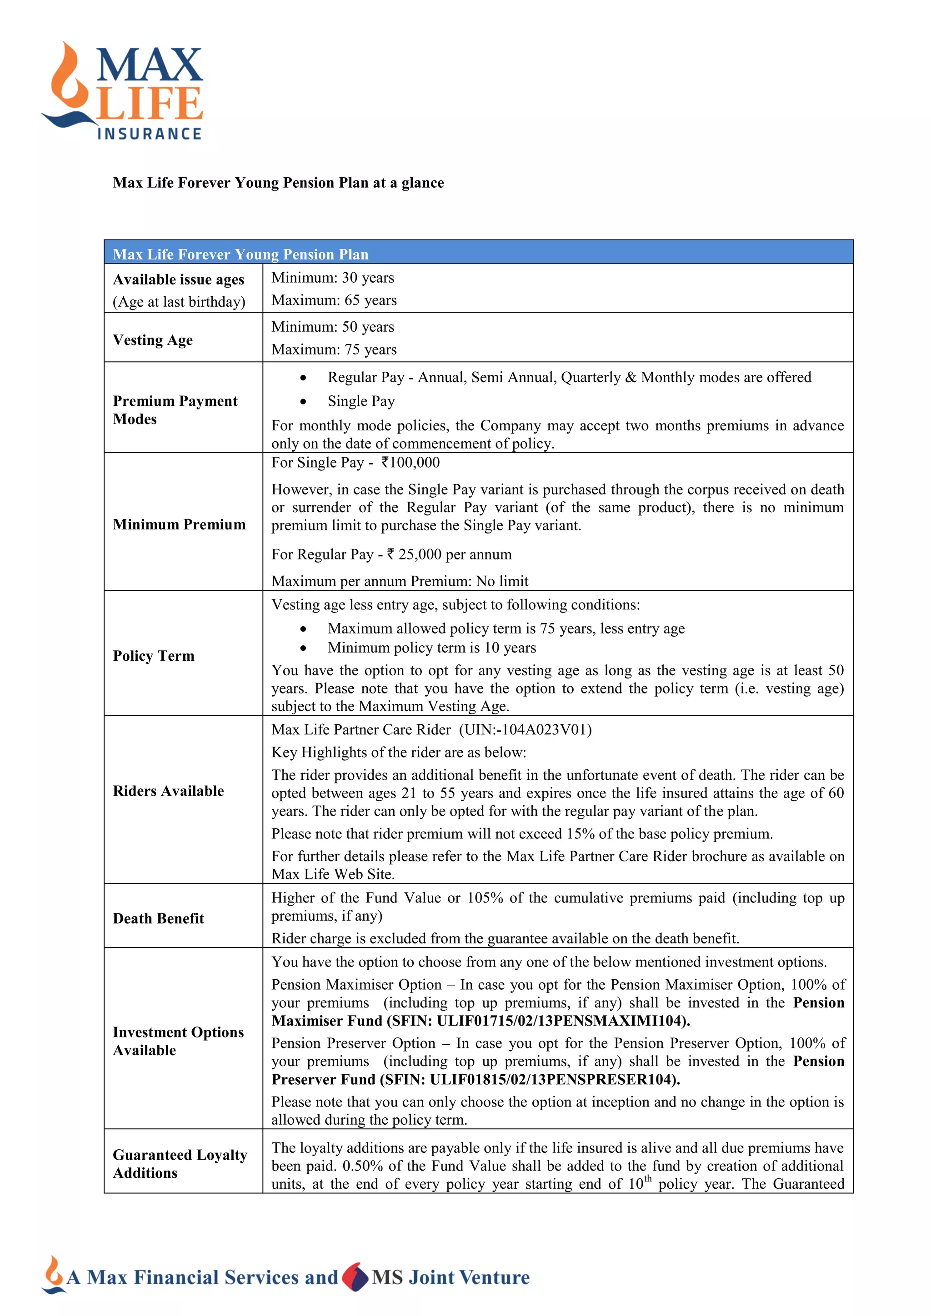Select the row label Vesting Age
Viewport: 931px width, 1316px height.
(152, 340)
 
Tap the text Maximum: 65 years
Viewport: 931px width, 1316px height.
(334, 300)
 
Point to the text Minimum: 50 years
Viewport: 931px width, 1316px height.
(332, 327)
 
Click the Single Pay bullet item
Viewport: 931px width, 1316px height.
(360, 401)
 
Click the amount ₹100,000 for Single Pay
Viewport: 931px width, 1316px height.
(410, 463)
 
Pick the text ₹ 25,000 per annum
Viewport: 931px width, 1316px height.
(450, 554)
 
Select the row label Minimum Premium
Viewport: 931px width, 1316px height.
(179, 524)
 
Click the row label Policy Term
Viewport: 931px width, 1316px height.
(153, 656)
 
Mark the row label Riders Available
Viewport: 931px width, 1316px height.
(168, 791)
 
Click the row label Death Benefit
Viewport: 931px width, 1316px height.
(158, 919)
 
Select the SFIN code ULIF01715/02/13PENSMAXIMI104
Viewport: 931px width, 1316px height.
(561, 1021)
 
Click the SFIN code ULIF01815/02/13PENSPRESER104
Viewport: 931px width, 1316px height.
(554, 1079)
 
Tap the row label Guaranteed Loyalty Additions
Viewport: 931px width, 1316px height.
(180, 1163)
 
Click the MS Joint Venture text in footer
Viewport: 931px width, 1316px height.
(450, 1277)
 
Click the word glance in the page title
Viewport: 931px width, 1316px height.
(422, 183)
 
